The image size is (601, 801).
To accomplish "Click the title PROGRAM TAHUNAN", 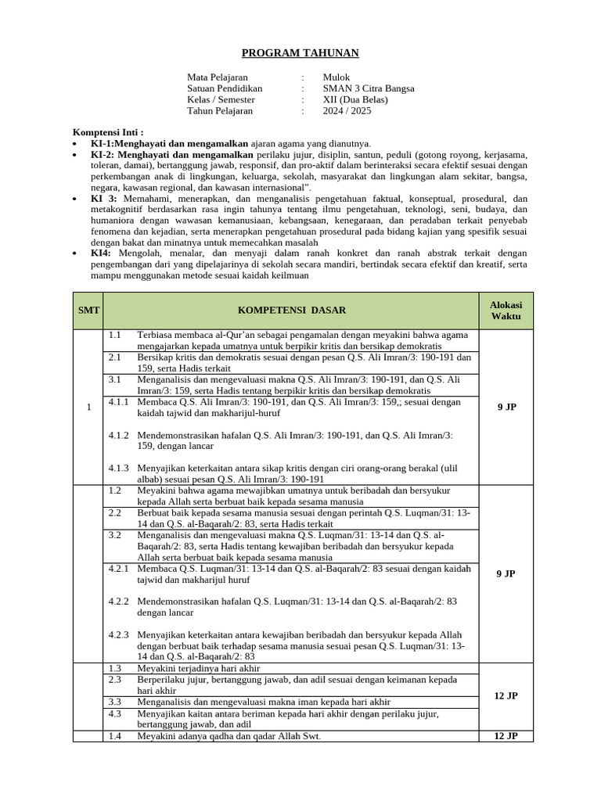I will click(300, 52).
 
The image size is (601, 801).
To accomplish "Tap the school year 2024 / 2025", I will click(347, 111).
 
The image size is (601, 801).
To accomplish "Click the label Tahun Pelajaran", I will click(220, 111).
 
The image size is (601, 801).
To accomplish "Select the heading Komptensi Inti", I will click(108, 132).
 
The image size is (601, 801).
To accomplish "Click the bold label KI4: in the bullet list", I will click(101, 253).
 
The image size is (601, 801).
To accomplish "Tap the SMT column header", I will click(88, 311).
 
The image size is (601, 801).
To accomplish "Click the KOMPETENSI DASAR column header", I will click(291, 311).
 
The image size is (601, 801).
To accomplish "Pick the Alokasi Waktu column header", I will click(506, 311).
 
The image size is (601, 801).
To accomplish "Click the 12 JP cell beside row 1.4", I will click(506, 736).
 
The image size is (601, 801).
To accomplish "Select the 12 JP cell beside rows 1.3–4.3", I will click(506, 695).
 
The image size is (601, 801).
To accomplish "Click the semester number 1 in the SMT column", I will click(88, 407).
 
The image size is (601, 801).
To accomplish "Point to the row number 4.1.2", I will click(119, 435).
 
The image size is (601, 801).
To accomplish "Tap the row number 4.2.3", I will click(119, 634).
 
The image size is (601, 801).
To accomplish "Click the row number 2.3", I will click(114, 680).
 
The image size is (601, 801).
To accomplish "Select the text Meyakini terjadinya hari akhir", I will click(198, 669).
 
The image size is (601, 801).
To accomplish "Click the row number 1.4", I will click(114, 736).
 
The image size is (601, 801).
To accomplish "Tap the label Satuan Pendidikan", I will click(225, 88).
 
